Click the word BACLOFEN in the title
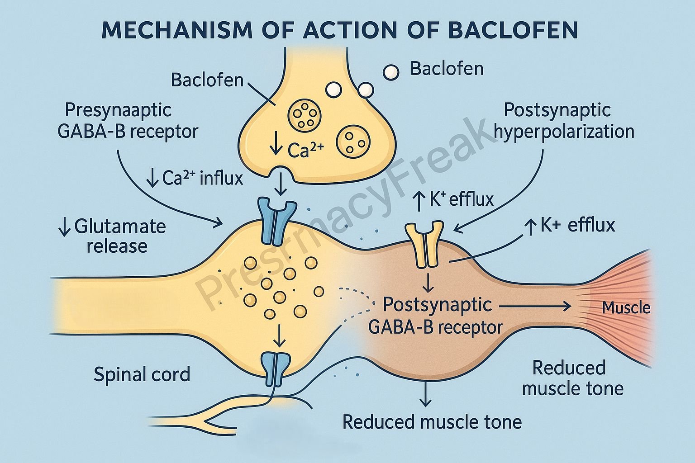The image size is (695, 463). pos(513,30)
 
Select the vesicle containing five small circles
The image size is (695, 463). pos(305,116)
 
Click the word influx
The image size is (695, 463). pos(221,179)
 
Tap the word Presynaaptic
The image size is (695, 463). pos(118,110)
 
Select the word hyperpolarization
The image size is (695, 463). pos(564,132)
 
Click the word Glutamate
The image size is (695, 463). pos(120,226)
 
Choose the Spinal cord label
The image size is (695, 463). pos(142,374)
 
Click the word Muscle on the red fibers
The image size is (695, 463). pos(626,308)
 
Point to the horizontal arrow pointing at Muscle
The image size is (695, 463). pos(534,307)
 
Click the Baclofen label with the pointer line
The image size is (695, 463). pos(207,80)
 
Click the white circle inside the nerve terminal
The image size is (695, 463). pos(333,90)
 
